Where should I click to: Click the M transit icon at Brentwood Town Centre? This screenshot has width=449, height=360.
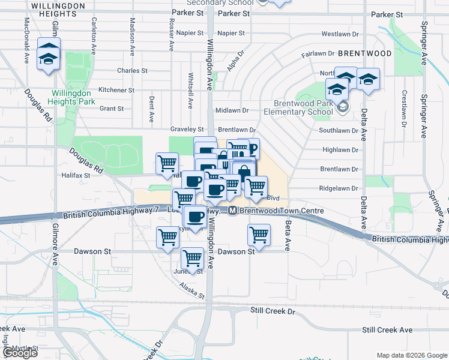[232, 211]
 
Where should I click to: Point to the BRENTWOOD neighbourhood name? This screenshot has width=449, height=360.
[364, 53]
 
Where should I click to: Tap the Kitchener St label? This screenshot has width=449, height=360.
[116, 90]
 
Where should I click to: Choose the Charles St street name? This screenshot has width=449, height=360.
[132, 71]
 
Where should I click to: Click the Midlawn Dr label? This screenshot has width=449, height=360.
[232, 110]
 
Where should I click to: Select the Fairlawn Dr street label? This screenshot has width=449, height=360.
[317, 53]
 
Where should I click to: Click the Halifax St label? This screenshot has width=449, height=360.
[76, 176]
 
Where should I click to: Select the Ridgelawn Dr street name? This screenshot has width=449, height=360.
[339, 188]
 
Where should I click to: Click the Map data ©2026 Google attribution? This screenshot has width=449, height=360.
[411, 355]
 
